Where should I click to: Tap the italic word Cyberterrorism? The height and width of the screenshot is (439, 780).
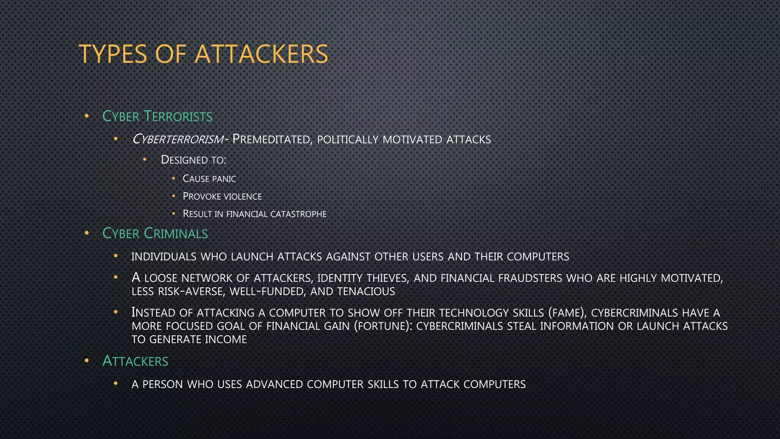[x=177, y=139]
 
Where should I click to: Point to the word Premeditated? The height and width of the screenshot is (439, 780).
[x=272, y=139]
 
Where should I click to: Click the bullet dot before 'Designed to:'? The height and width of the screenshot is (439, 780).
[x=145, y=159]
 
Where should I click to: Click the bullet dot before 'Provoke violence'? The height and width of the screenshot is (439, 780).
[x=174, y=196]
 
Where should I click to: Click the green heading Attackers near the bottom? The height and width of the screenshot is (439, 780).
[x=135, y=361]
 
